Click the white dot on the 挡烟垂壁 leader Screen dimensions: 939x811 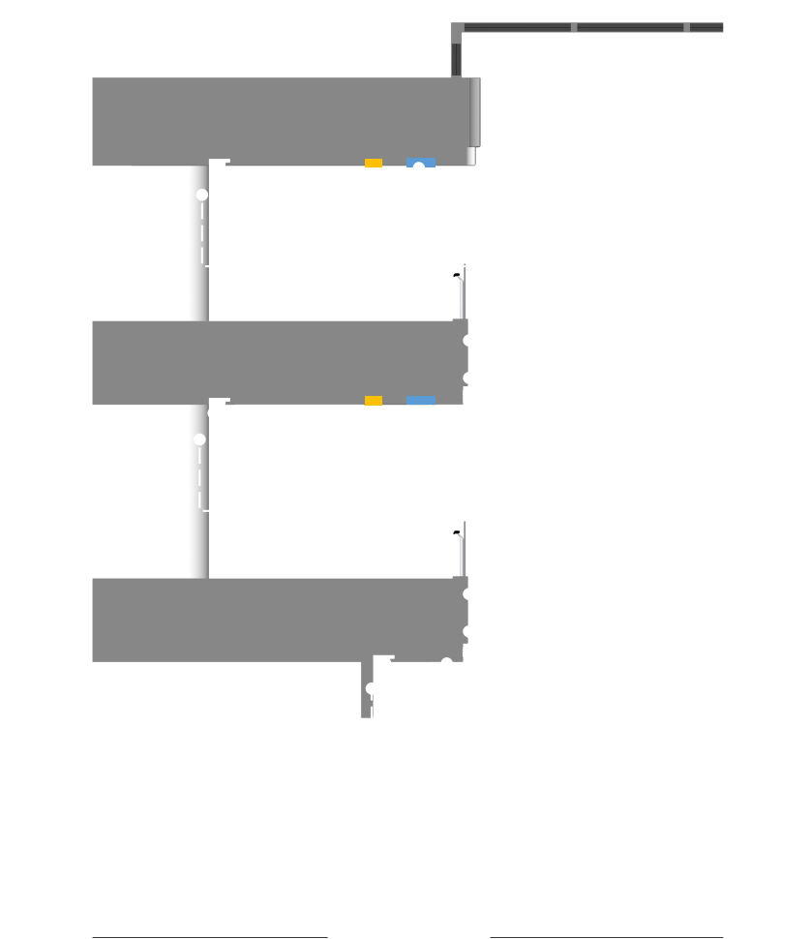(x=447, y=664)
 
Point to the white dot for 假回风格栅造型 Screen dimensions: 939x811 (x=469, y=401)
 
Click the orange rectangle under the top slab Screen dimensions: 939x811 (x=374, y=163)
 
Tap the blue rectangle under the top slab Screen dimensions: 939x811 (x=420, y=162)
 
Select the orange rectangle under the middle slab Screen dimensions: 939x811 (x=374, y=401)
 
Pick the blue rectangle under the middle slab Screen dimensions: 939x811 (x=420, y=400)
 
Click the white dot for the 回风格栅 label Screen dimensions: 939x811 (x=469, y=655)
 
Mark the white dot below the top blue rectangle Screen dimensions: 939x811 (x=419, y=168)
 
